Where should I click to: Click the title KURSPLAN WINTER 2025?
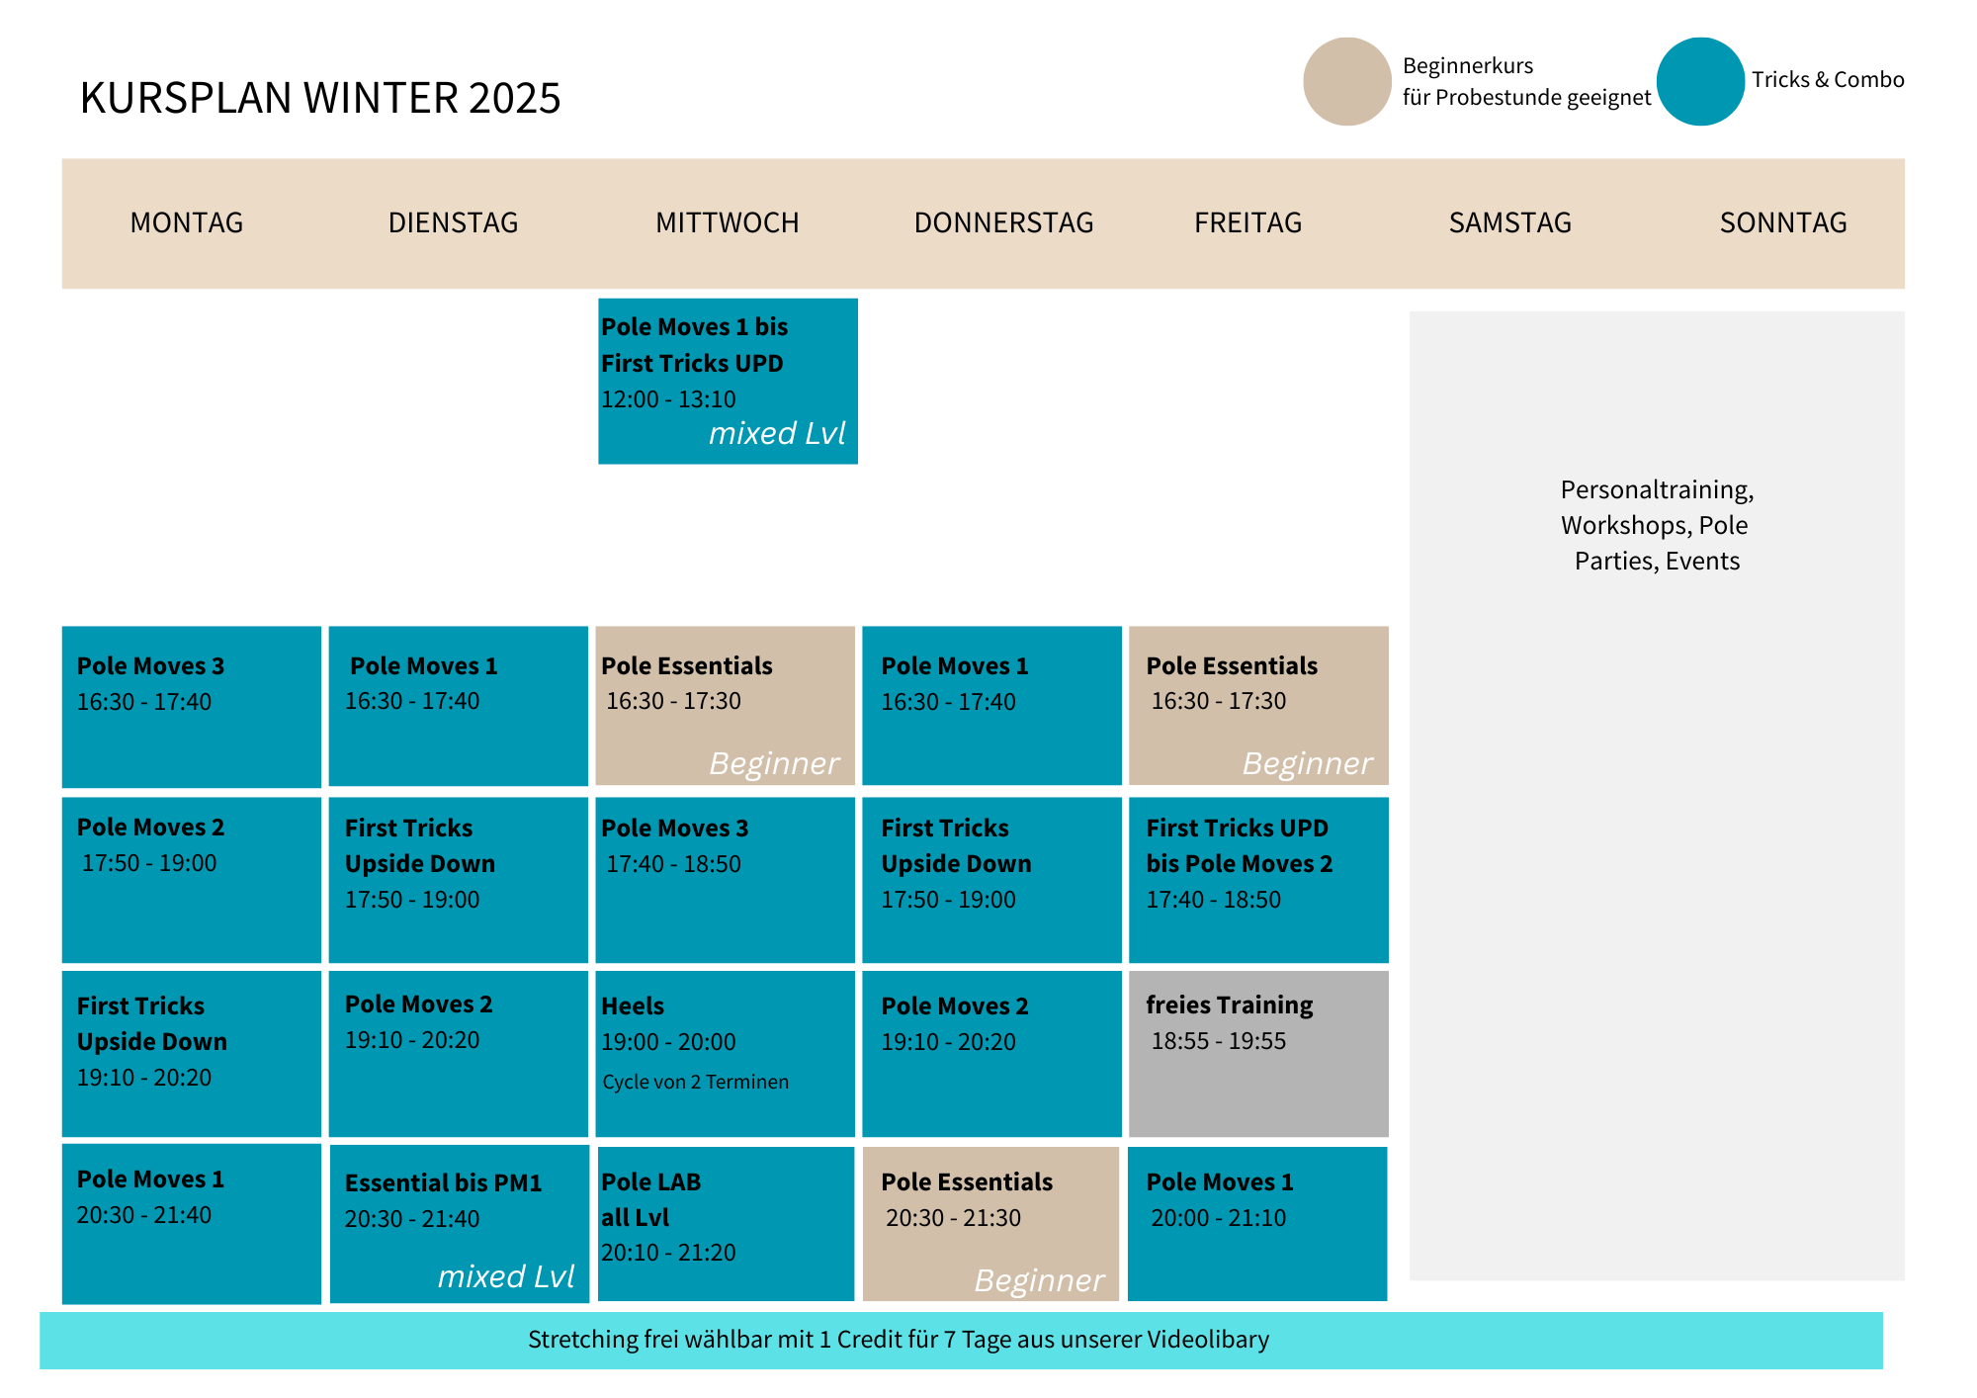click(x=320, y=98)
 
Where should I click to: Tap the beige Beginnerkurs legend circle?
click(x=1346, y=81)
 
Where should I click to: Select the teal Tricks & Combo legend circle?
click(x=1700, y=81)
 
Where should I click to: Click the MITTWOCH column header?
click(x=728, y=222)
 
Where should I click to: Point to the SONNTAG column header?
click(x=1783, y=222)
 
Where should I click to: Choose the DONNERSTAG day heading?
click(x=1003, y=222)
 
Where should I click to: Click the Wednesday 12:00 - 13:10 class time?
click(x=668, y=398)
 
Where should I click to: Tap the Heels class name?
click(x=633, y=1005)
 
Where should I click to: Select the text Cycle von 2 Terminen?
click(x=695, y=1082)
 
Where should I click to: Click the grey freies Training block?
click(x=1258, y=1054)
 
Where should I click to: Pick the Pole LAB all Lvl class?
click(x=726, y=1224)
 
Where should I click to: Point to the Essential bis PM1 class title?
click(x=443, y=1182)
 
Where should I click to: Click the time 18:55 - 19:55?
click(x=1218, y=1040)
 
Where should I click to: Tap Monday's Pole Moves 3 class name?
click(x=150, y=665)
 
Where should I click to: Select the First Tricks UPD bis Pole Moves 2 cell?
click(x=1258, y=880)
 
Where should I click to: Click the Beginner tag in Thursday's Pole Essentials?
click(x=1039, y=1279)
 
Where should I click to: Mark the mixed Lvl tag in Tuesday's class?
click(x=505, y=1276)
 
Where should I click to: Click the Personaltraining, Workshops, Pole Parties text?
click(x=1657, y=525)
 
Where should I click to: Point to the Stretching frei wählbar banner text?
click(x=899, y=1340)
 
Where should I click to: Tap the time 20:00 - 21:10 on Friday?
click(x=1218, y=1217)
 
